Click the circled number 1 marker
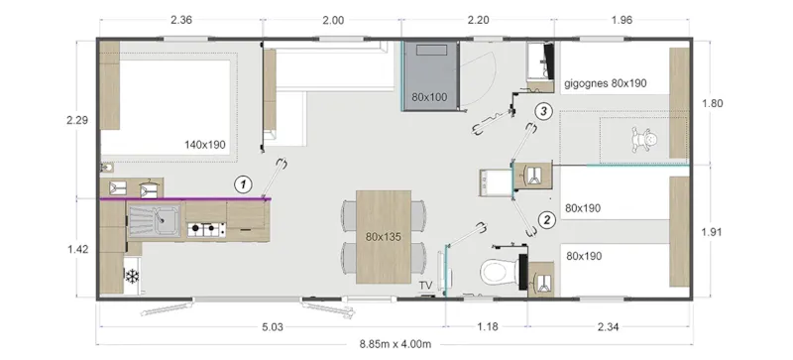pos(241,183)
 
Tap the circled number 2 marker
pos(546,219)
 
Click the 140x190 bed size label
pos(205,145)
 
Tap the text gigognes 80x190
pos(605,83)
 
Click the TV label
pos(425,286)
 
